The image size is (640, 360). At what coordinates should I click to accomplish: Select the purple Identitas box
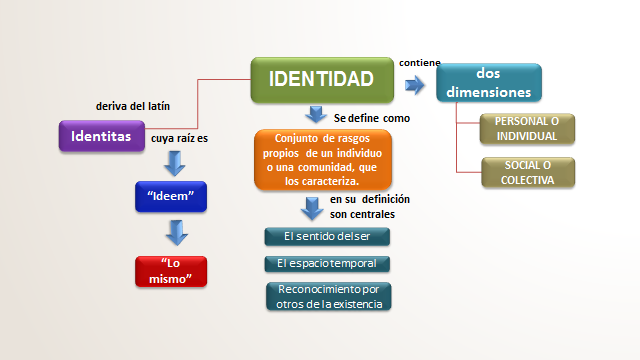[x=102, y=136]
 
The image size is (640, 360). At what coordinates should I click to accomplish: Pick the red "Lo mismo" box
[x=171, y=270]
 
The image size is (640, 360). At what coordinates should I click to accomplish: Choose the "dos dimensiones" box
[x=489, y=82]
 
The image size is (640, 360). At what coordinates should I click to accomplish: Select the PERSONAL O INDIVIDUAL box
[x=528, y=128]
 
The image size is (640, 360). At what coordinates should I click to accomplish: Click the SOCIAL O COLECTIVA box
[x=528, y=173]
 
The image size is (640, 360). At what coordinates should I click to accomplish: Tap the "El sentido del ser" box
[x=327, y=236]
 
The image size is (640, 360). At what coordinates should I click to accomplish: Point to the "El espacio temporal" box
[x=327, y=264]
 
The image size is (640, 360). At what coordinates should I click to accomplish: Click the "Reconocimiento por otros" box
[x=327, y=296]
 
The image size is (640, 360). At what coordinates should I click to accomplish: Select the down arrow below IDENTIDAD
[x=316, y=113]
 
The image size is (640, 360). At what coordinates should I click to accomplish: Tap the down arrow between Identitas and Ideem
[x=177, y=162]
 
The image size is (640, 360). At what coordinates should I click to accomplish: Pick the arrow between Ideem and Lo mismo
[x=177, y=233]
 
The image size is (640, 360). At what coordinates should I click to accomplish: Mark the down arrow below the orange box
[x=313, y=209]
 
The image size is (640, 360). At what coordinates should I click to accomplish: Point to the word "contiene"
[x=419, y=62]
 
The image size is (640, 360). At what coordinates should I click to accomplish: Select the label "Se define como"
[x=371, y=118]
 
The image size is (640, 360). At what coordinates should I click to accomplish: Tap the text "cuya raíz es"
[x=179, y=139]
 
